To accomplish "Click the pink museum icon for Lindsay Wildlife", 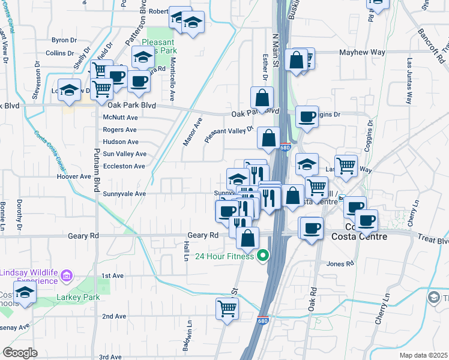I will pyautogui.click(x=67, y=276).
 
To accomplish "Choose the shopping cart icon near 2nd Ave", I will pyautogui.click(x=228, y=308).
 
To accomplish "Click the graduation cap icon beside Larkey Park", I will pyautogui.click(x=25, y=292).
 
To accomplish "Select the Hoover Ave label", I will pyautogui.click(x=73, y=177).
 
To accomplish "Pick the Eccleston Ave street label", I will pyautogui.click(x=124, y=166).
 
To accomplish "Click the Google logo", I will pyautogui.click(x=19, y=353).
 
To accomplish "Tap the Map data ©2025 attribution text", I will pyautogui.click(x=423, y=355).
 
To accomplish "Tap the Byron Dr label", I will pyautogui.click(x=64, y=40).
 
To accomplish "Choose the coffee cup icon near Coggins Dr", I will pyautogui.click(x=307, y=116).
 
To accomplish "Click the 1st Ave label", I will pyautogui.click(x=112, y=275).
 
